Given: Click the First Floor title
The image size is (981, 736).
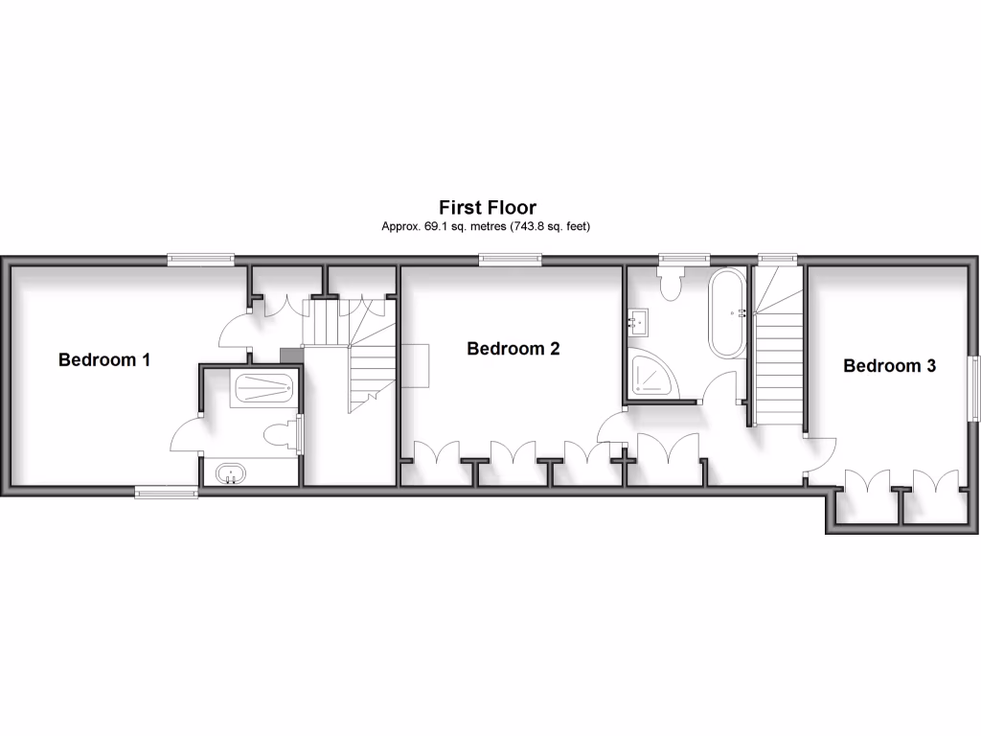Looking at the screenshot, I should [488, 207].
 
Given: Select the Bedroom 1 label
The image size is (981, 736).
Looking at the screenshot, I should [104, 360].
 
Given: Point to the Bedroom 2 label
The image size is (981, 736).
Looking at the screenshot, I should [513, 349].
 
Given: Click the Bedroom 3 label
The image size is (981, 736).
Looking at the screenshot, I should [889, 365].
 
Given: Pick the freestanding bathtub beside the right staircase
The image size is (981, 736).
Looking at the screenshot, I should [726, 313].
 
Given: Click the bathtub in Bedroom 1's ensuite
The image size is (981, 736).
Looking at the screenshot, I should [262, 388].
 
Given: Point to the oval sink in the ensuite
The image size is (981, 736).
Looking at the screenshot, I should [230, 472].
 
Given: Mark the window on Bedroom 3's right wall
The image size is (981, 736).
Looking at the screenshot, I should [974, 387].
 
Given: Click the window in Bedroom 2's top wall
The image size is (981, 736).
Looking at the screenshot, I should [510, 258].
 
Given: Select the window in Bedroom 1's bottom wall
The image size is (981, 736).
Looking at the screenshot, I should [166, 493].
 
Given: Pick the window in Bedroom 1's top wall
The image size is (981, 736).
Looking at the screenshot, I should [201, 258].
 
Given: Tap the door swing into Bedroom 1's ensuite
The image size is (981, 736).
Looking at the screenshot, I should [186, 436].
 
